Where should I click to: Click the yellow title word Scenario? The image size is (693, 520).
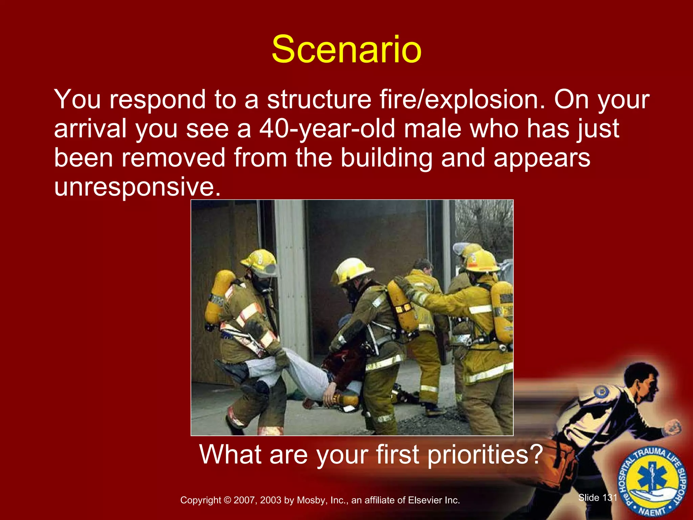(346, 50)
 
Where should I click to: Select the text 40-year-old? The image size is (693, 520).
(327, 129)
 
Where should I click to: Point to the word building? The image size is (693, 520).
(386, 158)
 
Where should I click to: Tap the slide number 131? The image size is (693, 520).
(609, 497)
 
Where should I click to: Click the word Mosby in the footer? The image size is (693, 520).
(309, 500)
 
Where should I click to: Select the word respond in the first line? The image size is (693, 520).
(157, 100)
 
